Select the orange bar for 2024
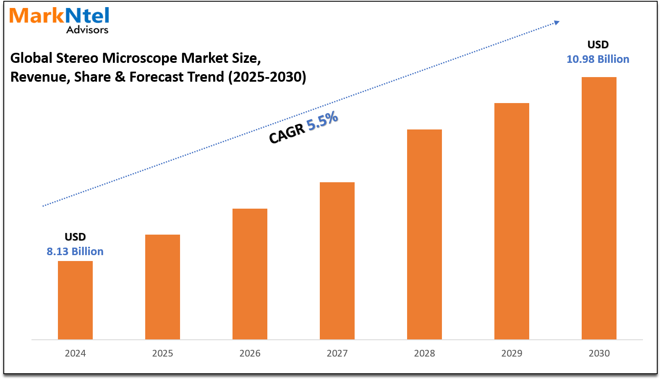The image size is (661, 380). [x=75, y=300]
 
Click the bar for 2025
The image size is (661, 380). [x=162, y=287]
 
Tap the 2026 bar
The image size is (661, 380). [x=250, y=274]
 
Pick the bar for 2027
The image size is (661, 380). [x=337, y=261]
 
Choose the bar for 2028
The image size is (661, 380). [x=424, y=234]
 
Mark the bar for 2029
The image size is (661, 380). [x=512, y=221]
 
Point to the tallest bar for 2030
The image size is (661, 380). [x=599, y=208]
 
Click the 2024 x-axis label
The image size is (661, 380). [x=75, y=353]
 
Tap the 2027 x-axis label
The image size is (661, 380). [x=337, y=353]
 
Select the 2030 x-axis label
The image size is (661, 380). [x=599, y=353]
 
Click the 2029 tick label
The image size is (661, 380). [x=512, y=353]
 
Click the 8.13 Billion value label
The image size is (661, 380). [x=75, y=251]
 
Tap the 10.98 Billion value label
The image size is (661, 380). [x=598, y=59]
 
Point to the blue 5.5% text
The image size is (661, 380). [x=322, y=121]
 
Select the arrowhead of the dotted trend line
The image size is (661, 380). [x=556, y=23]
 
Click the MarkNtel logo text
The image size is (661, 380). [x=59, y=16]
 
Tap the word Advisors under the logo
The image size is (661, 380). [x=87, y=30]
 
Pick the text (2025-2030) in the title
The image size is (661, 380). [x=267, y=77]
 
